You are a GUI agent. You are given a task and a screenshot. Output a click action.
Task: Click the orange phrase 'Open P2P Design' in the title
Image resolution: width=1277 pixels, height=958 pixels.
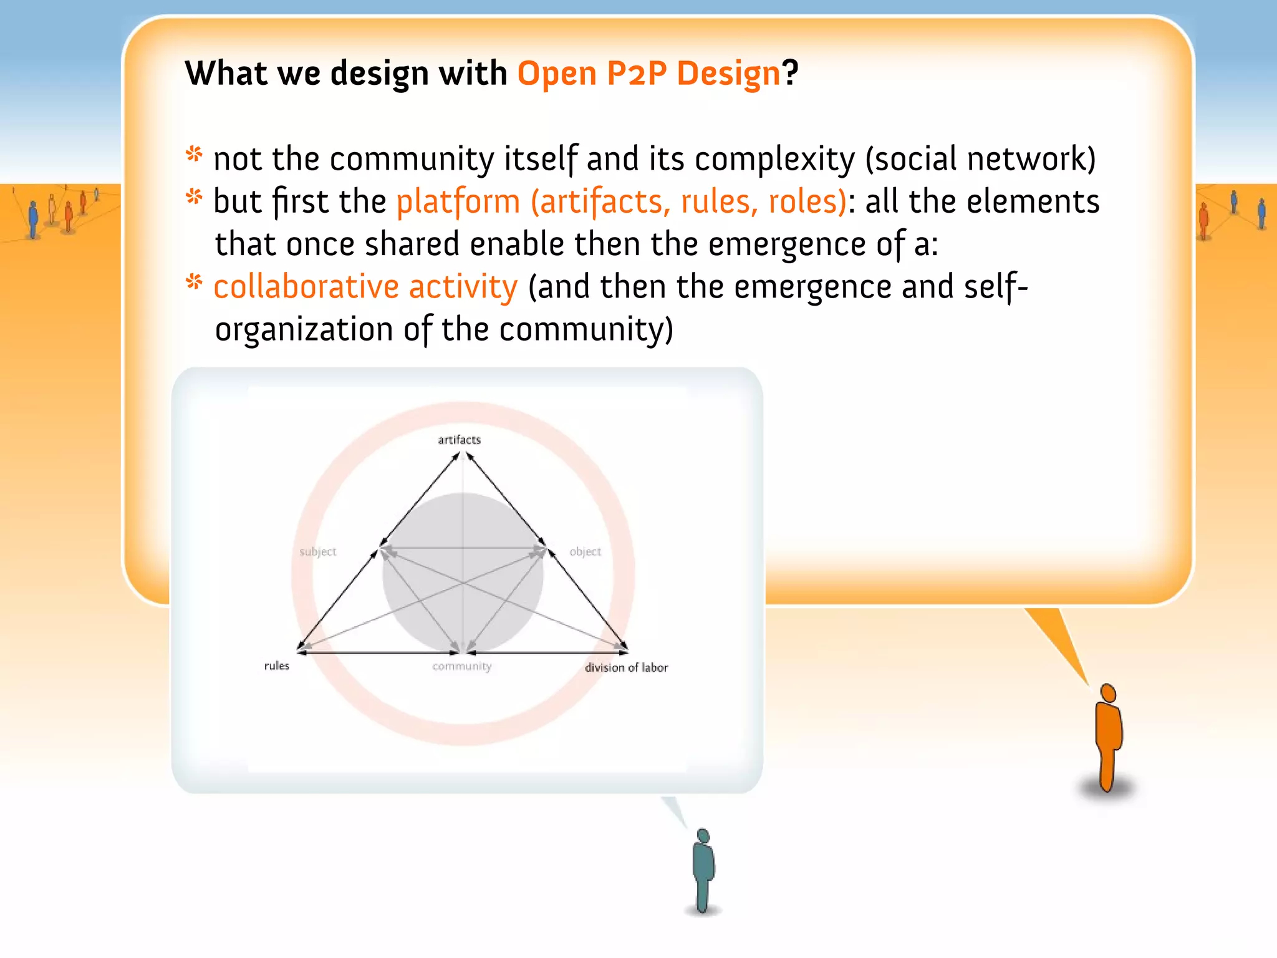[x=648, y=74]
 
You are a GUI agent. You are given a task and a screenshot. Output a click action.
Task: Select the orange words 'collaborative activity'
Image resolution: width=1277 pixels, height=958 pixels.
[x=365, y=287]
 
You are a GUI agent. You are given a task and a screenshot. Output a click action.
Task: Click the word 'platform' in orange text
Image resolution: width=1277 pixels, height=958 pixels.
[x=458, y=202]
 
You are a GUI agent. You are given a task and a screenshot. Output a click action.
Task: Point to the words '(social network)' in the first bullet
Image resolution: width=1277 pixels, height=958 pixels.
[x=980, y=158]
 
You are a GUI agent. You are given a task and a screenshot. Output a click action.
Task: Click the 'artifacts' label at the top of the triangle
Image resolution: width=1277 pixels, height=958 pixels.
[x=460, y=440]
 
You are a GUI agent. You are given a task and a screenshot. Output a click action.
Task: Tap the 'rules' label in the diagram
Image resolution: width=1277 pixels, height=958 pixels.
[x=277, y=665]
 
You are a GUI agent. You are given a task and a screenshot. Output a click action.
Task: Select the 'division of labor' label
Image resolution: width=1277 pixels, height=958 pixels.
[x=626, y=667]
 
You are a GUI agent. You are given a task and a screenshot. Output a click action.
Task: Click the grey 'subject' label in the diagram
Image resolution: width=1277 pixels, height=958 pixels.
[x=317, y=551]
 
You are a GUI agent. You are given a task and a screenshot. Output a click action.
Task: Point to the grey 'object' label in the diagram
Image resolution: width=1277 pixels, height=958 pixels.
[x=585, y=551]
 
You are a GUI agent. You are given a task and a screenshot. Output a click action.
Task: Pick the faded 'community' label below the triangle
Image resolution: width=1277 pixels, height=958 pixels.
[x=462, y=666]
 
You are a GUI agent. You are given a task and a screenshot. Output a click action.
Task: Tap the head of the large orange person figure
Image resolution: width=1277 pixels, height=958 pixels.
[x=1108, y=693]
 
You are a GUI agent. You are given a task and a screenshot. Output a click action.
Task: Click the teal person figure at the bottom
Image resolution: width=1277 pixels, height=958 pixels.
[x=703, y=870]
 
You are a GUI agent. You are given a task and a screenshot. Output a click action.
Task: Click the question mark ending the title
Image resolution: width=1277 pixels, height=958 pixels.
[x=791, y=74]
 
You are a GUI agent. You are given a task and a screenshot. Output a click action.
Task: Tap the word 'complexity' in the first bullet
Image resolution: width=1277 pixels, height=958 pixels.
[x=774, y=158]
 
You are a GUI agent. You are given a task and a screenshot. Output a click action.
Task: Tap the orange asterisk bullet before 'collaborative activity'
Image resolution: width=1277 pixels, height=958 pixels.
[x=195, y=283]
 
